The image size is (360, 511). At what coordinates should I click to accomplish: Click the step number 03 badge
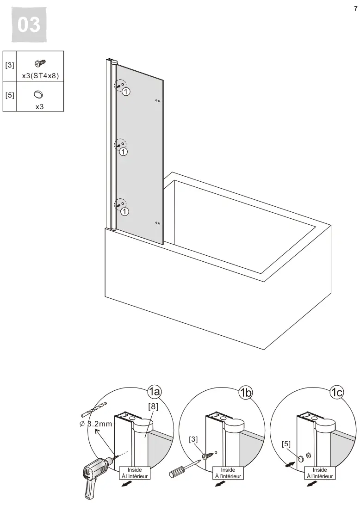[29, 25]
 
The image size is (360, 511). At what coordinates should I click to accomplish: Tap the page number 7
[355, 9]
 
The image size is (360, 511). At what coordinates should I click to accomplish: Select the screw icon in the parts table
[40, 62]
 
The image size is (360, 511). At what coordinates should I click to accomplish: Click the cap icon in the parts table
[38, 94]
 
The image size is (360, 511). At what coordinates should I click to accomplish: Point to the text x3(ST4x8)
[40, 76]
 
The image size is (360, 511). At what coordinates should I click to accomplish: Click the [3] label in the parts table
[9, 65]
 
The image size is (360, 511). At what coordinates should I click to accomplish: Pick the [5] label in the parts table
[9, 95]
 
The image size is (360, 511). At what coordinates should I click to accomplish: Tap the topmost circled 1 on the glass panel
[126, 92]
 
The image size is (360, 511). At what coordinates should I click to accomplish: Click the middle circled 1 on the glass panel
[123, 152]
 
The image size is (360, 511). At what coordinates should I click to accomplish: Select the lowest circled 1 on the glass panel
[124, 211]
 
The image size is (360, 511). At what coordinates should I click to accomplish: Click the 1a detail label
[155, 392]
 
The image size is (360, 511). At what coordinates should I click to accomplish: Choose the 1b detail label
[245, 393]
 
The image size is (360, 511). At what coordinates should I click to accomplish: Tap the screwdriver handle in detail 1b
[176, 472]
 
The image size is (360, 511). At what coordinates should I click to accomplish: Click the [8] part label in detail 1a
[153, 406]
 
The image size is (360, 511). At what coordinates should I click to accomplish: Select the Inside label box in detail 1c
[320, 473]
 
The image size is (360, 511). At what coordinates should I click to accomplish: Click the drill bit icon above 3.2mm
[93, 409]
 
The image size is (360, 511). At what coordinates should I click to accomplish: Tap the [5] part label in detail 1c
[286, 444]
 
